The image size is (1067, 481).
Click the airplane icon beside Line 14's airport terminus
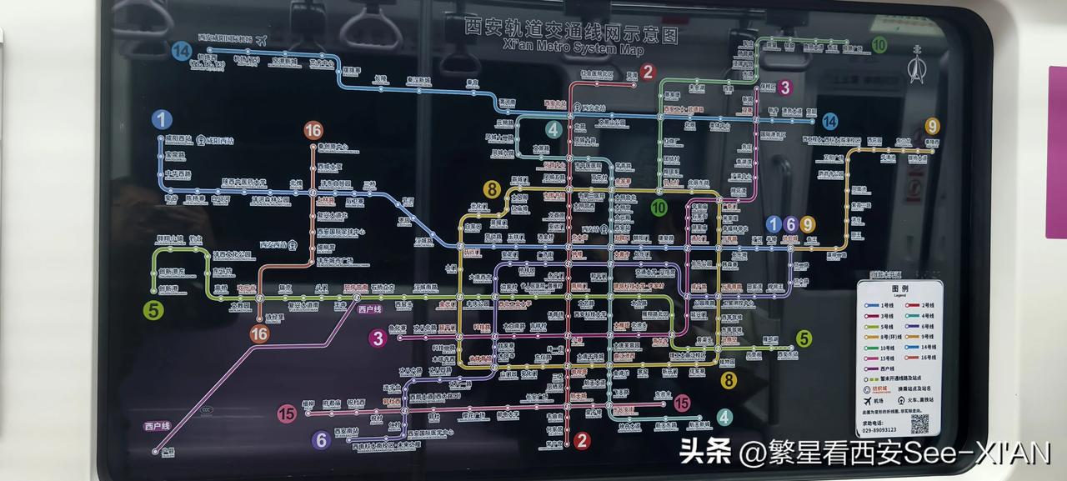point(261,38)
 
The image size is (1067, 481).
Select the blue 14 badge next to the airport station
point(182,51)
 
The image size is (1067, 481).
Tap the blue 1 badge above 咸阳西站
point(162,119)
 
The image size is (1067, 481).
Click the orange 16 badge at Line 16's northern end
point(313,130)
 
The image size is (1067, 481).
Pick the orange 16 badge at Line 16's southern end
point(259,333)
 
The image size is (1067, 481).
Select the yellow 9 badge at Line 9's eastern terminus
point(931,127)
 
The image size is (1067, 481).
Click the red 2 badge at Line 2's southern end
point(582,440)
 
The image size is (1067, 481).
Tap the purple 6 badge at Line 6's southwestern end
point(322,440)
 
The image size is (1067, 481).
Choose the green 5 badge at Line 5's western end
point(153,310)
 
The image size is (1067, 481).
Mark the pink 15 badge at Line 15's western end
point(287,413)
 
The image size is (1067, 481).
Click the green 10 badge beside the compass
point(879,45)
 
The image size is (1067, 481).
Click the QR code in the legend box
point(919,423)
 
